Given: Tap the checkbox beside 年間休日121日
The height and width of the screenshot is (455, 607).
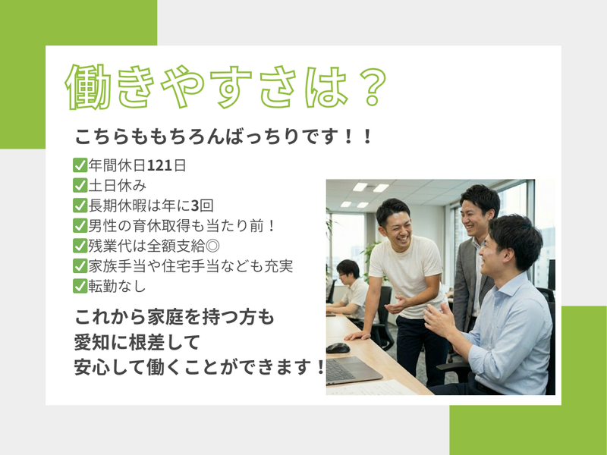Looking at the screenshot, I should [x=80, y=165].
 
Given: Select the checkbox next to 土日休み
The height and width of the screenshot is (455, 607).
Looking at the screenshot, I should [x=80, y=185].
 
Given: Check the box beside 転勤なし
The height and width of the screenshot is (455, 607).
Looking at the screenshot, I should [x=80, y=287].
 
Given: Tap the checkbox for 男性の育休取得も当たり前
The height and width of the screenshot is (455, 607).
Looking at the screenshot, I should [x=80, y=226].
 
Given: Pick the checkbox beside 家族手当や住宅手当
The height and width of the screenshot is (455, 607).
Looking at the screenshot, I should [x=80, y=266].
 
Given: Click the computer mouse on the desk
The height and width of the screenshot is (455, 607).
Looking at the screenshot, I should [x=338, y=347].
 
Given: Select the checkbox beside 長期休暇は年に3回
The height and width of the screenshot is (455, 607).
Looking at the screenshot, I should [x=80, y=206].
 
